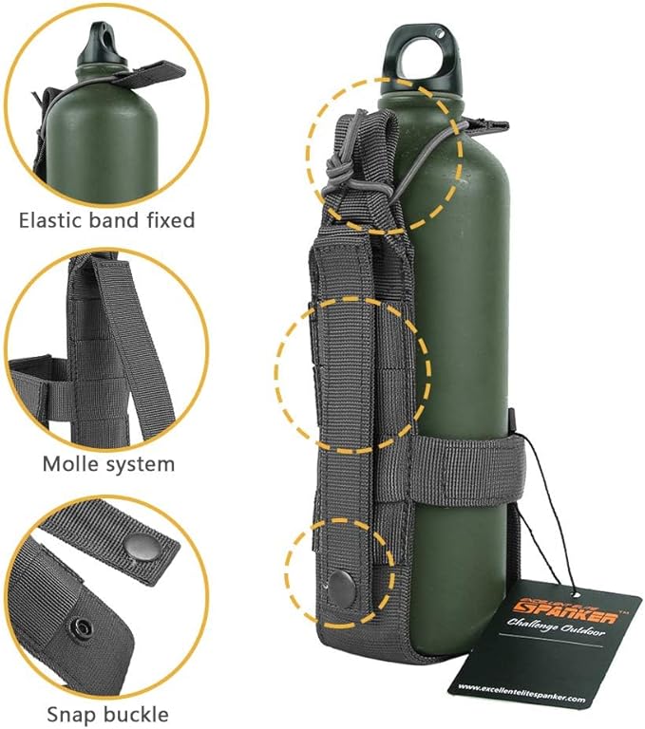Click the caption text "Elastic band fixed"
(x=106, y=220)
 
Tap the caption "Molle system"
(x=108, y=464)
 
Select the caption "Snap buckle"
(x=107, y=714)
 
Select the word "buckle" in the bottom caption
(x=139, y=714)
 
